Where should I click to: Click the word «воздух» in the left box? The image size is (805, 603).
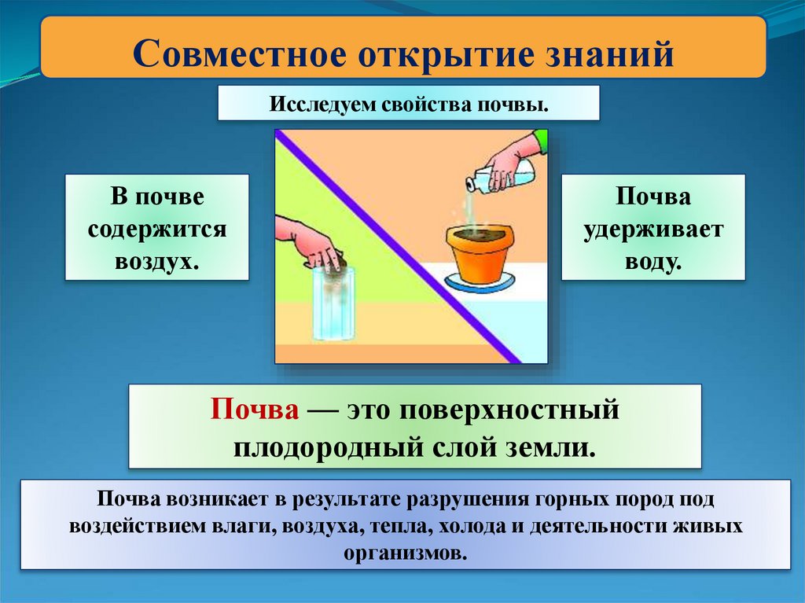156,261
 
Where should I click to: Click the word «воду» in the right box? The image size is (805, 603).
652,261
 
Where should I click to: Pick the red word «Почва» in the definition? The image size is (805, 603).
254,412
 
